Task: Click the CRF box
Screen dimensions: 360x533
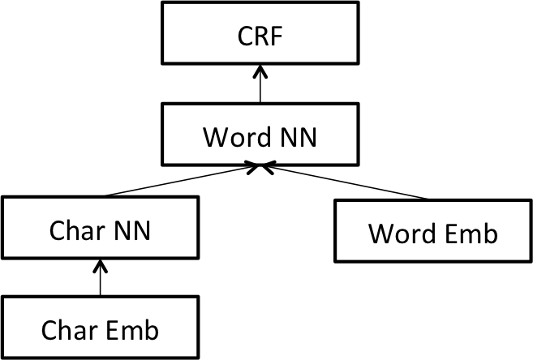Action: [260, 32]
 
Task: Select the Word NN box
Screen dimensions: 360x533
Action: [260, 134]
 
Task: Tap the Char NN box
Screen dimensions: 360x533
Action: [100, 228]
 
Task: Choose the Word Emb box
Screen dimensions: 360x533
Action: [434, 231]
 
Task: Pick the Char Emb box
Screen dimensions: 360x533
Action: [100, 328]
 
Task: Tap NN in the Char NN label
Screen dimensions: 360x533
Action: [131, 230]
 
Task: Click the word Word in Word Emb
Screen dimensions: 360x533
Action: [402, 234]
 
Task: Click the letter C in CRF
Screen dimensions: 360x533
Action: [245, 38]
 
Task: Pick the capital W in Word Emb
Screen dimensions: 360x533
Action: [381, 234]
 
